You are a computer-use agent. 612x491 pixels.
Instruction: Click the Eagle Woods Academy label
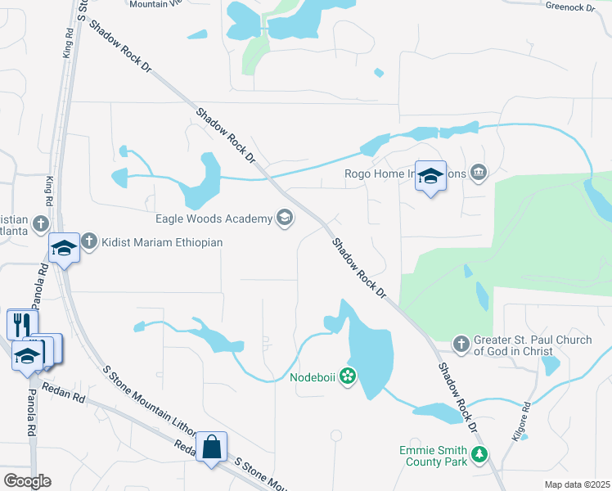213,218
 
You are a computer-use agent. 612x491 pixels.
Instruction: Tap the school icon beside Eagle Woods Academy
284,218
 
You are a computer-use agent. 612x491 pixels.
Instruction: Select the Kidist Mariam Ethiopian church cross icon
89,242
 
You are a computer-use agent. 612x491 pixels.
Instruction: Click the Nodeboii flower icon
348,376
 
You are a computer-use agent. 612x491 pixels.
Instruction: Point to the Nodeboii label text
313,377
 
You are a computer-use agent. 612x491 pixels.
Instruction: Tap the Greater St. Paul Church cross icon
461,344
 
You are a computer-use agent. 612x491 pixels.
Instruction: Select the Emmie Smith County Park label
434,456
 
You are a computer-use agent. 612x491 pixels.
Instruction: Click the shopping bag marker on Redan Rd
212,447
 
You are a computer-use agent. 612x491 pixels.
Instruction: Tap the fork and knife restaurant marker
22,322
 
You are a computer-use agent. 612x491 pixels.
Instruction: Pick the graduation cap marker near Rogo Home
430,176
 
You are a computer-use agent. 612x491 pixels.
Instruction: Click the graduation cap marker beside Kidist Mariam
64,246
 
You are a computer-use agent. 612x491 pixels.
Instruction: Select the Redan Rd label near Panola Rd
66,395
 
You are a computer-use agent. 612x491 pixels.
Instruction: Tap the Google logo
27,481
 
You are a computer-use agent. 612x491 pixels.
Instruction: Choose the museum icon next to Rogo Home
479,173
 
